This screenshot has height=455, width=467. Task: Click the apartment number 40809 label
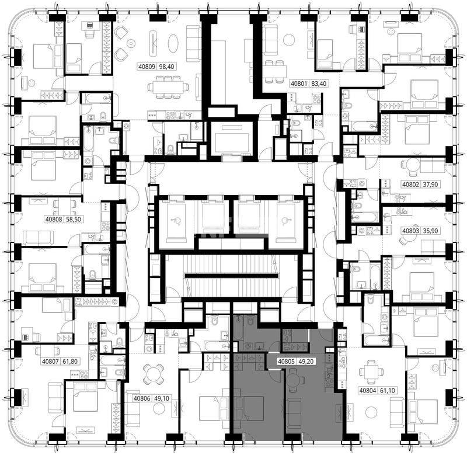147,67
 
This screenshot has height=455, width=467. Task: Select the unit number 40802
411,185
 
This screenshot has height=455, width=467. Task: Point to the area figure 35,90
430,231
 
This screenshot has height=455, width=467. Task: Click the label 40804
368,390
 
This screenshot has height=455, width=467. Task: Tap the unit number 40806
142,398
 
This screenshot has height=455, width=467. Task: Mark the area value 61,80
70,362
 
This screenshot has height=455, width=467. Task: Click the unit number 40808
54,219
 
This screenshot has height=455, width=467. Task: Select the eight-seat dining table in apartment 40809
168,87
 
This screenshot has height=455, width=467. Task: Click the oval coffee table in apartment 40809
173,43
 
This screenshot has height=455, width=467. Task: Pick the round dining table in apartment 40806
153,374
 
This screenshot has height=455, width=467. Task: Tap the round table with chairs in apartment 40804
370,372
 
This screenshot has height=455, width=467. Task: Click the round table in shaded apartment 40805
295,380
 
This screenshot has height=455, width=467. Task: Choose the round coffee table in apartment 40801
288,40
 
